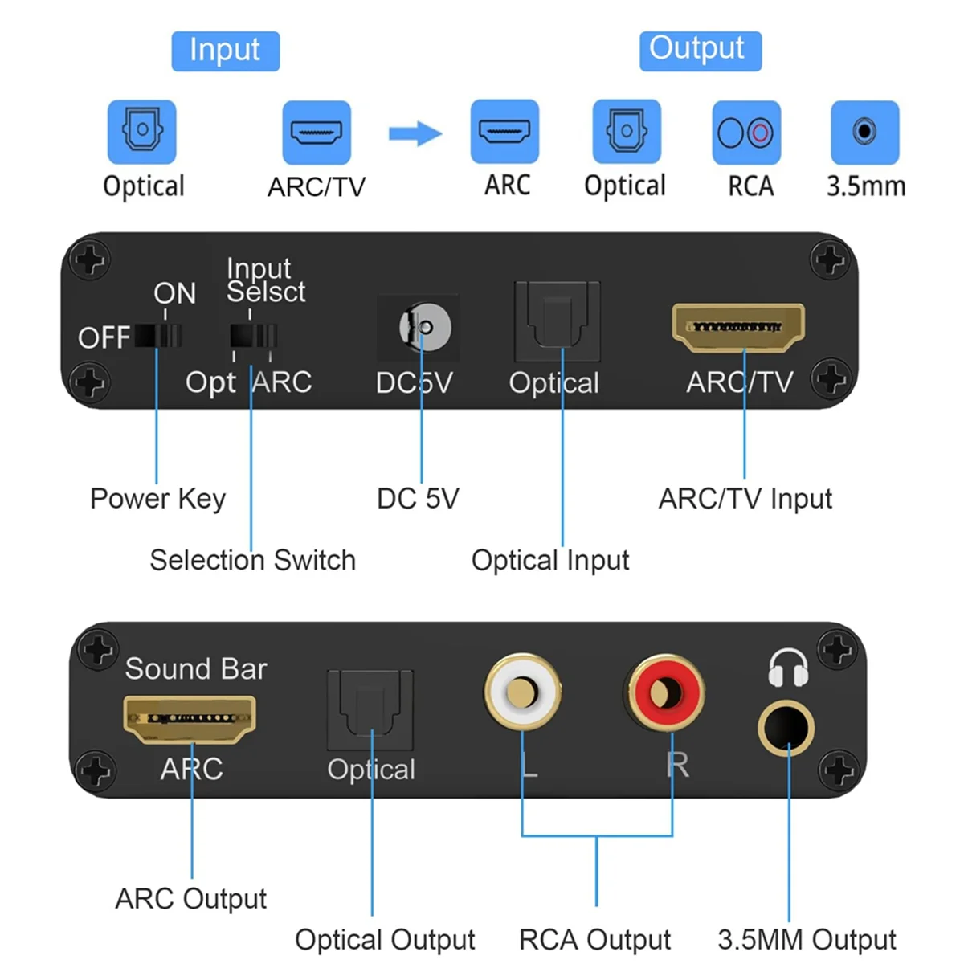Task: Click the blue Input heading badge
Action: (x=225, y=51)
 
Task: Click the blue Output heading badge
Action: (x=699, y=50)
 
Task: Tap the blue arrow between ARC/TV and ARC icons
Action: (x=415, y=133)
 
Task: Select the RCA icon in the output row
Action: (x=745, y=133)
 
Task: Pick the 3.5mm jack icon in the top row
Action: (x=864, y=132)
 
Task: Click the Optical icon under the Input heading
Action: (x=141, y=131)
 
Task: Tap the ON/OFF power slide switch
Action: (x=158, y=335)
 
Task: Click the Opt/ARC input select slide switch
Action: (x=254, y=335)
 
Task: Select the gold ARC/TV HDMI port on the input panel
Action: (x=737, y=328)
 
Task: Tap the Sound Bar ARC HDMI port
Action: (x=190, y=717)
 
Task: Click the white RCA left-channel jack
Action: (x=522, y=691)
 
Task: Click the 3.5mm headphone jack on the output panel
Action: (x=786, y=728)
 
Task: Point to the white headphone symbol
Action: (x=787, y=669)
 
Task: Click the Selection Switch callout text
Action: (x=252, y=560)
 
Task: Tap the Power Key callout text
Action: (x=157, y=498)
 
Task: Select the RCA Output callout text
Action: (x=594, y=939)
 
